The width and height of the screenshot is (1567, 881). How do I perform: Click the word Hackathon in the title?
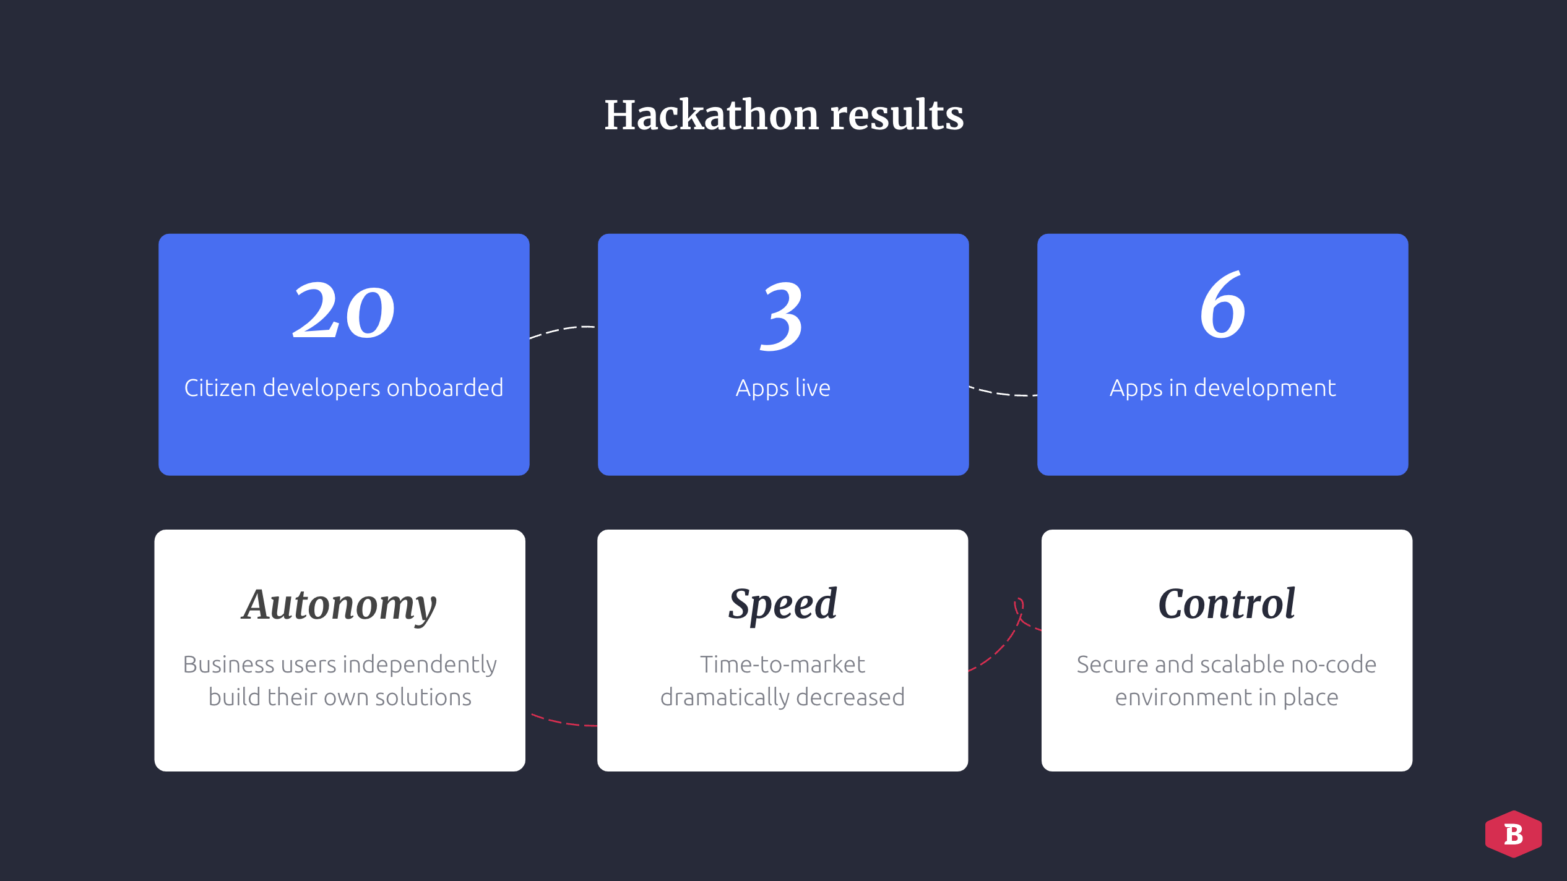tap(712, 115)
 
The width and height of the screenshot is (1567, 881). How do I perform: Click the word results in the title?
tap(897, 116)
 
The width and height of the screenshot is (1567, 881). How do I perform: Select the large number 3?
tap(782, 316)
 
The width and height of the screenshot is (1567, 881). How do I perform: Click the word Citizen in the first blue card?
tap(220, 388)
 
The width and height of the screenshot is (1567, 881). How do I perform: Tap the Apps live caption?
tap(783, 389)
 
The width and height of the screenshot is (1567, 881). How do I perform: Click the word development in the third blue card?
tap(1265, 389)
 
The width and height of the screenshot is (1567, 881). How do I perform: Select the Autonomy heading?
tap(340, 606)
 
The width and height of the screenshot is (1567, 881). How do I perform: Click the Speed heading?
tap(783, 604)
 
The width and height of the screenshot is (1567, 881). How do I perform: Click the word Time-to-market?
tap(783, 664)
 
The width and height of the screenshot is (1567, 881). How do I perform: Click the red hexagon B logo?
tap(1513, 834)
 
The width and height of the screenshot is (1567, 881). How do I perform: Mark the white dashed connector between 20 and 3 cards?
tap(563, 330)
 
